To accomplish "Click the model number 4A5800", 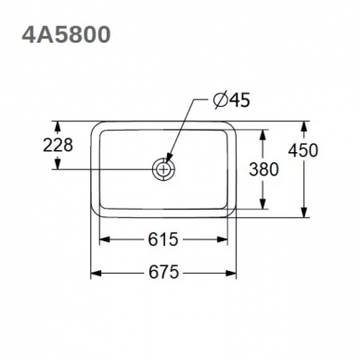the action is [66, 34].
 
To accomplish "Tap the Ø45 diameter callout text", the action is [232, 100].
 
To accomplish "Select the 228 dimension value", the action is [58, 145].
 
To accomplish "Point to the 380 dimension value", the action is [264, 170].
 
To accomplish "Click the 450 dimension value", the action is [303, 150].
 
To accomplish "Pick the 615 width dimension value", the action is [163, 239].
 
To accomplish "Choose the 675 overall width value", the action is [164, 273].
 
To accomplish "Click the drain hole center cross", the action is [163, 170].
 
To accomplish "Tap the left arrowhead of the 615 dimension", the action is [104, 239].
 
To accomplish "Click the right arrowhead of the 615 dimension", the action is [223, 239].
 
